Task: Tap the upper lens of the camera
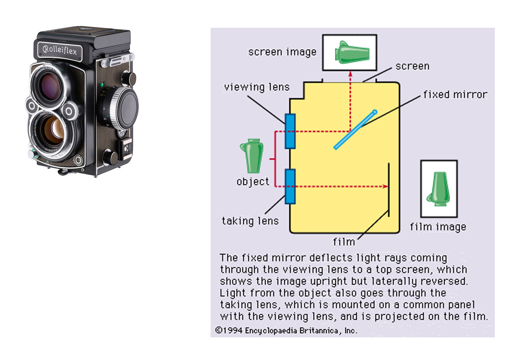pyautogui.click(x=50, y=84)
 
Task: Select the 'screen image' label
pyautogui.click(x=282, y=52)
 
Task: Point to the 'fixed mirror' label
pyautogui.click(x=455, y=95)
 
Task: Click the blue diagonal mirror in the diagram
pyautogui.click(x=355, y=129)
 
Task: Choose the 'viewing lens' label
pyautogui.click(x=256, y=87)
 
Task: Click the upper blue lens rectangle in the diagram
pyautogui.click(x=290, y=131)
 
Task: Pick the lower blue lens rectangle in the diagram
pyautogui.click(x=290, y=186)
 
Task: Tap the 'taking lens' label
pyautogui.click(x=250, y=221)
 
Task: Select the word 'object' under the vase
pyautogui.click(x=253, y=182)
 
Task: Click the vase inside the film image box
pyautogui.click(x=439, y=189)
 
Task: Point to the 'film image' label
pyautogui.click(x=438, y=227)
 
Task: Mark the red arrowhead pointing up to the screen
pyautogui.click(x=350, y=74)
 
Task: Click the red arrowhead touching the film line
pyautogui.click(x=385, y=186)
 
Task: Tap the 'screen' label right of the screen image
pyautogui.click(x=412, y=66)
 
